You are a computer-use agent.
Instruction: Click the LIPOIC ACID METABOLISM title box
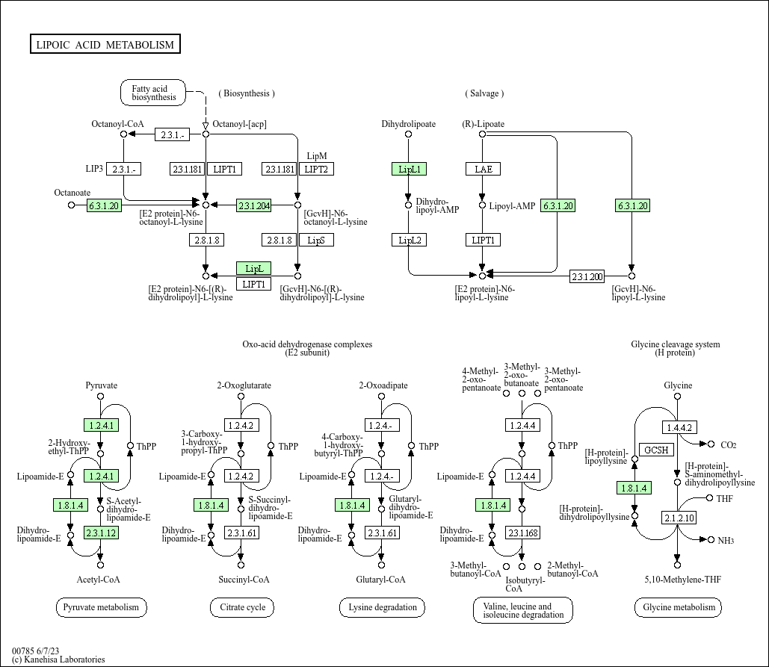pos(105,44)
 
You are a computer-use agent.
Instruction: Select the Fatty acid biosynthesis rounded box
pos(153,93)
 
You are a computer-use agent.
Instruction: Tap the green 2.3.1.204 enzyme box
pos(253,205)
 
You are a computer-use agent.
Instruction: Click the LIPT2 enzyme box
pos(316,169)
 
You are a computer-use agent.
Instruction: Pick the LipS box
pos(316,241)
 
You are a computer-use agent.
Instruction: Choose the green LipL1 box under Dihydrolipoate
pos(409,169)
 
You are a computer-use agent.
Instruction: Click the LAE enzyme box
pos(483,169)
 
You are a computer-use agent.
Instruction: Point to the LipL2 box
pos(409,241)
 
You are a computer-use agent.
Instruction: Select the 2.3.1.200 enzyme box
pos(587,276)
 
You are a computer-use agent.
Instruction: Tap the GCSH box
pos(656,450)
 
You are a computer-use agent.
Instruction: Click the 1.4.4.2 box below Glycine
pos(679,427)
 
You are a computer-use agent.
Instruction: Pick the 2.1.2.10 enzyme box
pos(679,518)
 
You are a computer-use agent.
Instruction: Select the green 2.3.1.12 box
pos(101,533)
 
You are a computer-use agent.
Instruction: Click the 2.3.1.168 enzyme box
pos(523,533)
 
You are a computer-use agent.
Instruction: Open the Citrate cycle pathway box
pos(242,607)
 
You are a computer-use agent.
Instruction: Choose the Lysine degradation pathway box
pos(382,607)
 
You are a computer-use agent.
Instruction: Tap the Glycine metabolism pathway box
pos(679,607)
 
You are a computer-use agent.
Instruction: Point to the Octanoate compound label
pos(72,193)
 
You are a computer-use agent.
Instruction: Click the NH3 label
pos(726,540)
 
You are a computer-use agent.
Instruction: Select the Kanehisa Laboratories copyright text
pos(58,660)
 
